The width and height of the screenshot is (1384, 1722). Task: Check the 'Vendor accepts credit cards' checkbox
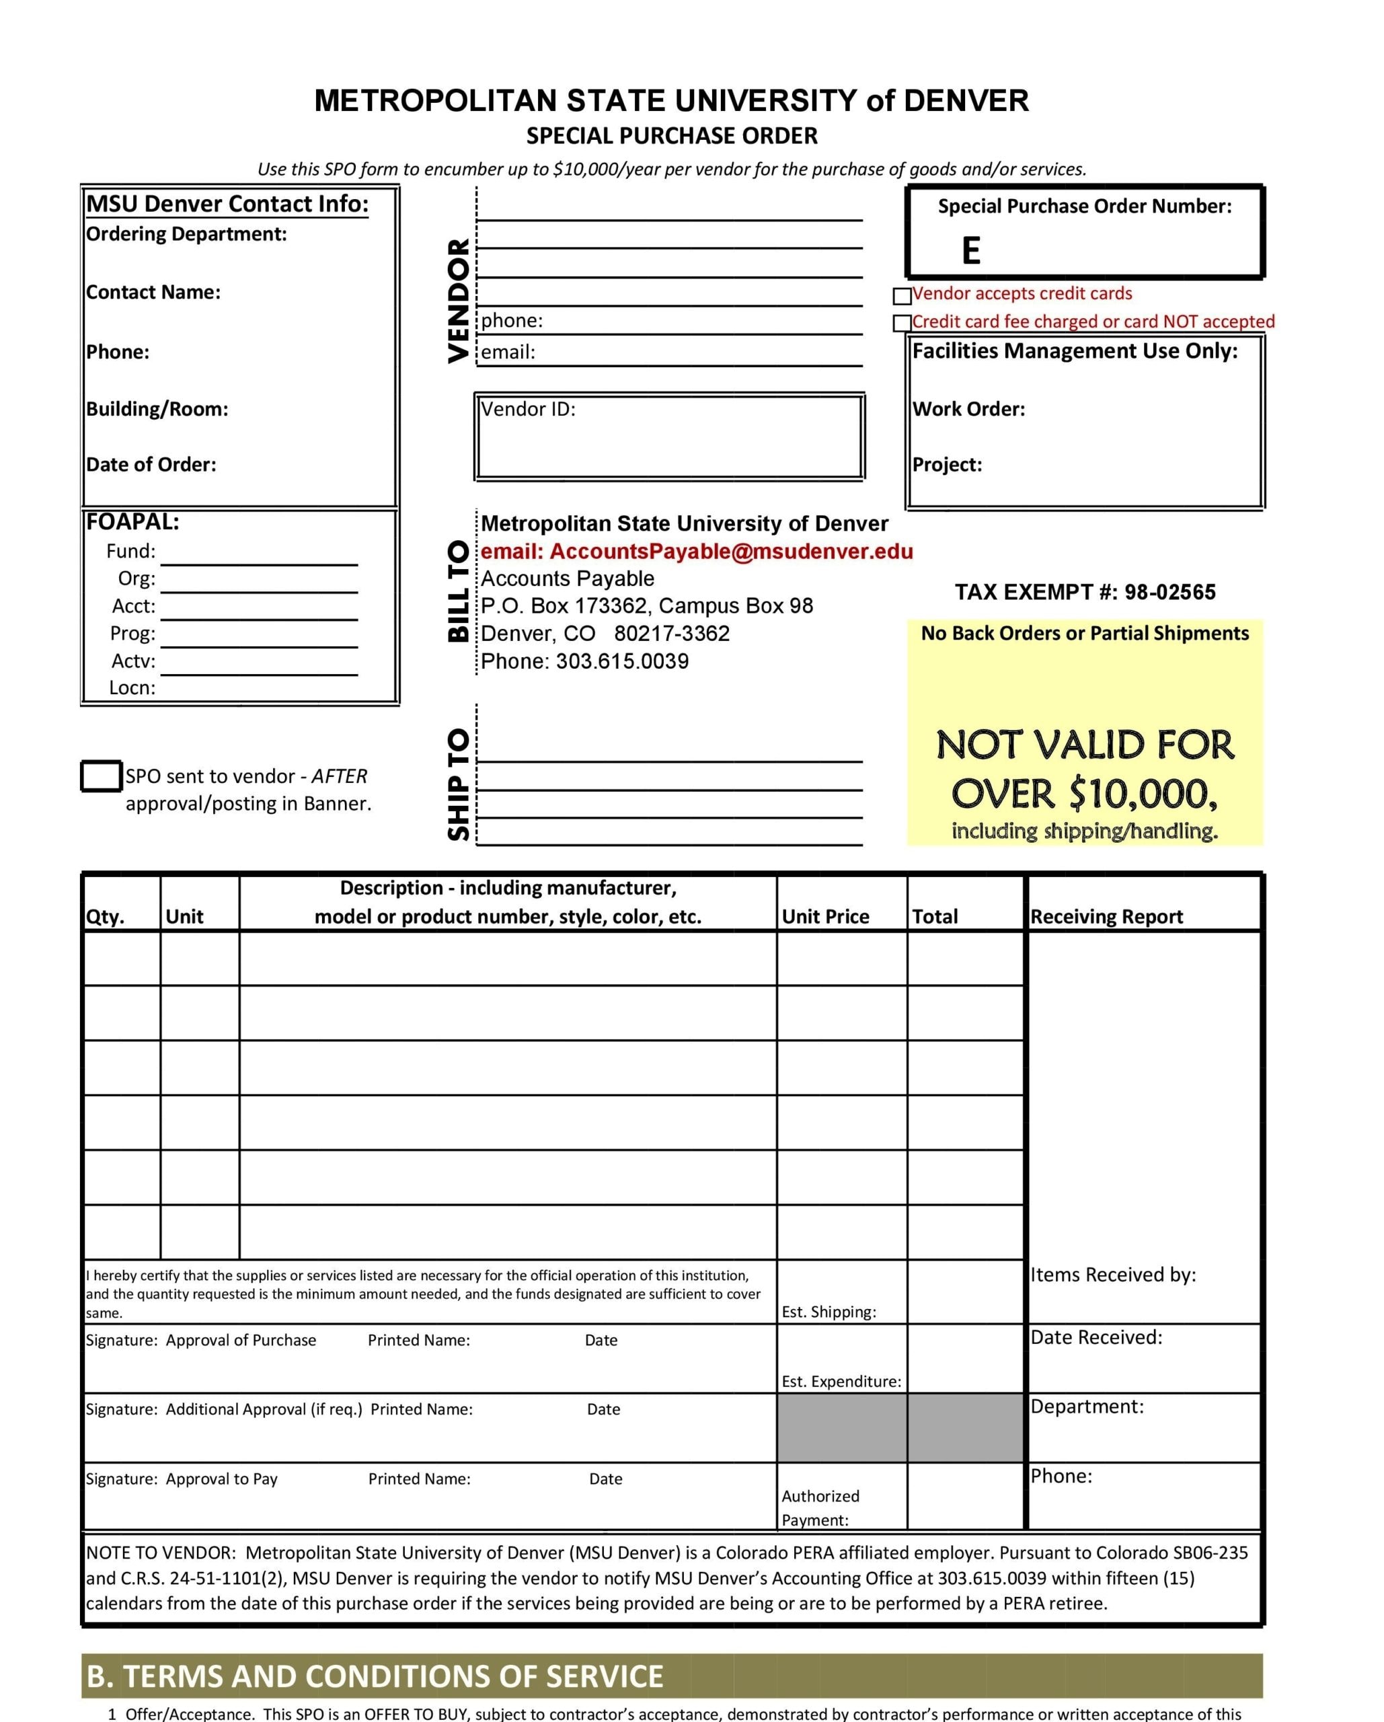coord(902,297)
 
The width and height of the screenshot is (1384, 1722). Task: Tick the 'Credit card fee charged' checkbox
coord(902,323)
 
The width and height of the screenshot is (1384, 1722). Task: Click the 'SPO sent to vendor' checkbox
coord(102,776)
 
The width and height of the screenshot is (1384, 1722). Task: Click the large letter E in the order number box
coord(970,251)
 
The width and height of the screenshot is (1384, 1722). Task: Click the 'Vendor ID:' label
coord(528,409)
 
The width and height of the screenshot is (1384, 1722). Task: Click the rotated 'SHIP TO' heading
coord(459,784)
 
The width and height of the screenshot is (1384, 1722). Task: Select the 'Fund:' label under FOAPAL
coord(131,551)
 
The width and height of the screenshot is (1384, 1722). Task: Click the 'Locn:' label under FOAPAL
coord(132,687)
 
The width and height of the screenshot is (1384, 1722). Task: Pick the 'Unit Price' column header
coord(825,916)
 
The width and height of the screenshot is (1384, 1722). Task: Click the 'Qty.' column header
coord(106,916)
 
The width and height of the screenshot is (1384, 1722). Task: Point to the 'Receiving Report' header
coord(1106,916)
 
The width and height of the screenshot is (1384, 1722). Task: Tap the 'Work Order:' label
coord(968,409)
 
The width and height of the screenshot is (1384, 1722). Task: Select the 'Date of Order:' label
coord(151,464)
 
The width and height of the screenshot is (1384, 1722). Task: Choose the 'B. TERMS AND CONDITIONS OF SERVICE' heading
coord(375,1676)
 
